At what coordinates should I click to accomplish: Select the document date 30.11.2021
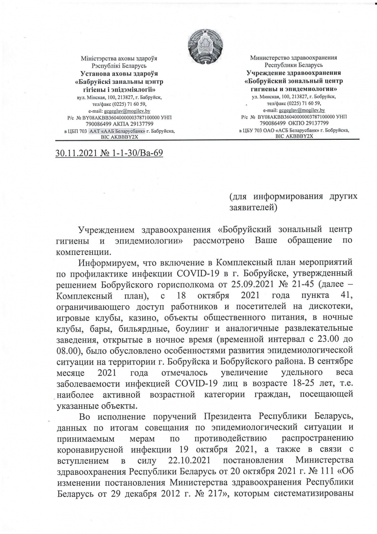(x=76, y=154)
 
